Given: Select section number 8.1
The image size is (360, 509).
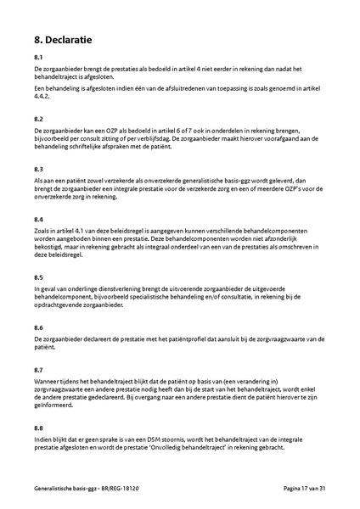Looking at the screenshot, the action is point(38,57).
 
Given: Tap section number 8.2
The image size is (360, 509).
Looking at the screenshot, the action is point(38,120).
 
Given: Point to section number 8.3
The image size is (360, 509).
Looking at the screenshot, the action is point(38,170).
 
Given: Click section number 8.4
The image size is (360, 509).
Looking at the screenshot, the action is point(38,220).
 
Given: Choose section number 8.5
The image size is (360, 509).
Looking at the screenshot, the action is point(38,277).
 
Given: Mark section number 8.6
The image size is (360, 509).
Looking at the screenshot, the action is point(38,327).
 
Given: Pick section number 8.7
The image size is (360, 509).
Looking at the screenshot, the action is point(38,371).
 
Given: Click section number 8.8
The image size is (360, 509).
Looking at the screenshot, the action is point(38,428).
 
